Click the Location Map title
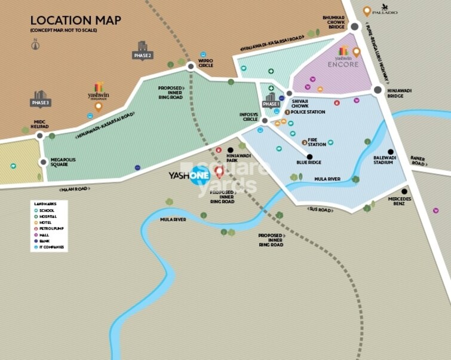(75, 20)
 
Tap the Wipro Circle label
(206, 63)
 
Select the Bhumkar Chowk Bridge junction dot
(354, 26)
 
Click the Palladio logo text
(385, 11)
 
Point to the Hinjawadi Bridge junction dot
(378, 90)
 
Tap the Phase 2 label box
(142, 55)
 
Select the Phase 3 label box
(41, 102)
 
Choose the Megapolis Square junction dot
(43, 161)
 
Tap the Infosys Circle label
(248, 118)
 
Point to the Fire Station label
(317, 142)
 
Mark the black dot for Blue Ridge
(309, 157)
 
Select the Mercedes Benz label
(400, 201)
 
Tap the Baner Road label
(418, 161)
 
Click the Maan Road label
(74, 190)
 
